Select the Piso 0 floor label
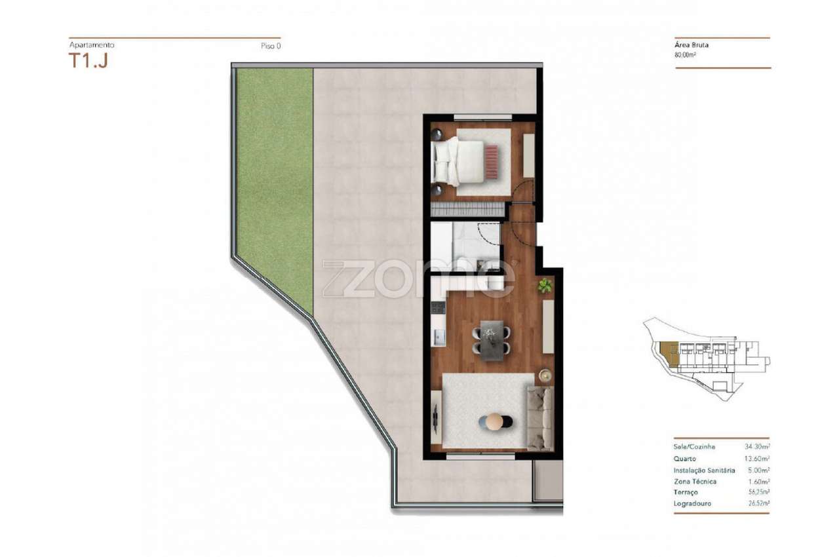pyautogui.click(x=270, y=46)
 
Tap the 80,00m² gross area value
pyautogui.click(x=686, y=56)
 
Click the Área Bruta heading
pyautogui.click(x=692, y=45)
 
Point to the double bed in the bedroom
pyautogui.click(x=465, y=161)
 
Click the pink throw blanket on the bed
pyautogui.click(x=492, y=161)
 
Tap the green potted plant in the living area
pyautogui.click(x=545, y=285)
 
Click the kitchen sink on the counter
pyautogui.click(x=439, y=338)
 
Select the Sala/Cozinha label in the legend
pyautogui.click(x=694, y=447)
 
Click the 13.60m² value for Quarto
pyautogui.click(x=757, y=459)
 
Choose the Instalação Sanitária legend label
pyautogui.click(x=704, y=471)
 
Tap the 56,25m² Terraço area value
pyautogui.click(x=757, y=492)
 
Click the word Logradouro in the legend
pyautogui.click(x=692, y=504)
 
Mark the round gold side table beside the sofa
pyautogui.click(x=545, y=375)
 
